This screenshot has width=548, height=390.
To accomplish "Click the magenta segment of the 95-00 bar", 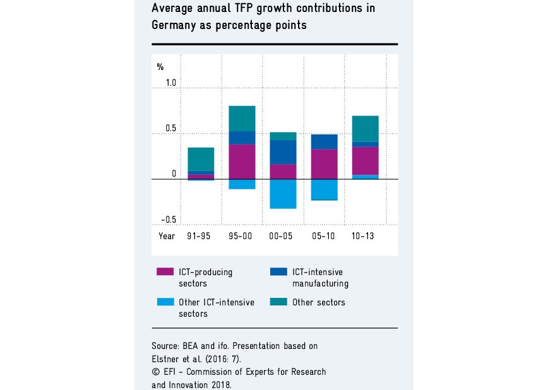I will pyautogui.click(x=242, y=162).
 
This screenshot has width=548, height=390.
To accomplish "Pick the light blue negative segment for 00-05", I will pyautogui.click(x=283, y=194).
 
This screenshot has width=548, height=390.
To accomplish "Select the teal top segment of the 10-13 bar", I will pyautogui.click(x=365, y=129).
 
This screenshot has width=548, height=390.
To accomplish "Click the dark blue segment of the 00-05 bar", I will pyautogui.click(x=283, y=152).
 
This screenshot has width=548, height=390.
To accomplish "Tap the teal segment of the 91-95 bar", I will pyautogui.click(x=201, y=159).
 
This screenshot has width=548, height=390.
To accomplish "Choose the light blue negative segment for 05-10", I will pyautogui.click(x=324, y=189).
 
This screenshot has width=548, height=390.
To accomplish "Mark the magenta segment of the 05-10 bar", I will pyautogui.click(x=324, y=164).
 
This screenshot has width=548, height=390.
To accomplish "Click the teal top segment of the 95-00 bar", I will pyautogui.click(x=242, y=119).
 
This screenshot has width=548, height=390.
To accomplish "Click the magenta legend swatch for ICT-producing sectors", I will pyautogui.click(x=165, y=272).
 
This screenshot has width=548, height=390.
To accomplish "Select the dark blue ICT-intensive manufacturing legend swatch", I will pyautogui.click(x=278, y=272).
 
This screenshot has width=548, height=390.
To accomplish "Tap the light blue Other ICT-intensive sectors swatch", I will pyautogui.click(x=165, y=302).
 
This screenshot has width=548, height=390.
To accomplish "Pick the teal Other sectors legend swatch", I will pyautogui.click(x=278, y=302).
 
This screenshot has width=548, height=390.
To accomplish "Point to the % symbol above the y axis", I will pyautogui.click(x=160, y=66).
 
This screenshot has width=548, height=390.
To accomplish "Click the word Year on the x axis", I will pyautogui.click(x=167, y=236).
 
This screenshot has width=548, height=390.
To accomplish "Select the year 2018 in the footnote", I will pyautogui.click(x=222, y=384).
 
